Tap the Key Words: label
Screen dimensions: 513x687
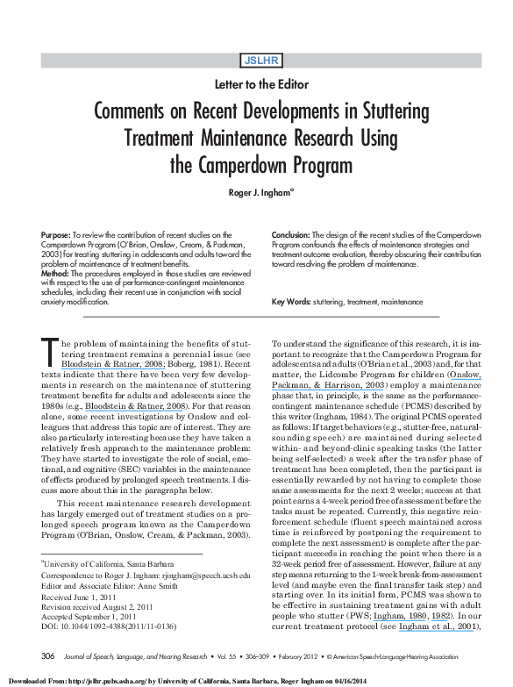pos(295,302)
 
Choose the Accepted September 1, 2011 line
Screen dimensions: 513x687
pos(90,586)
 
